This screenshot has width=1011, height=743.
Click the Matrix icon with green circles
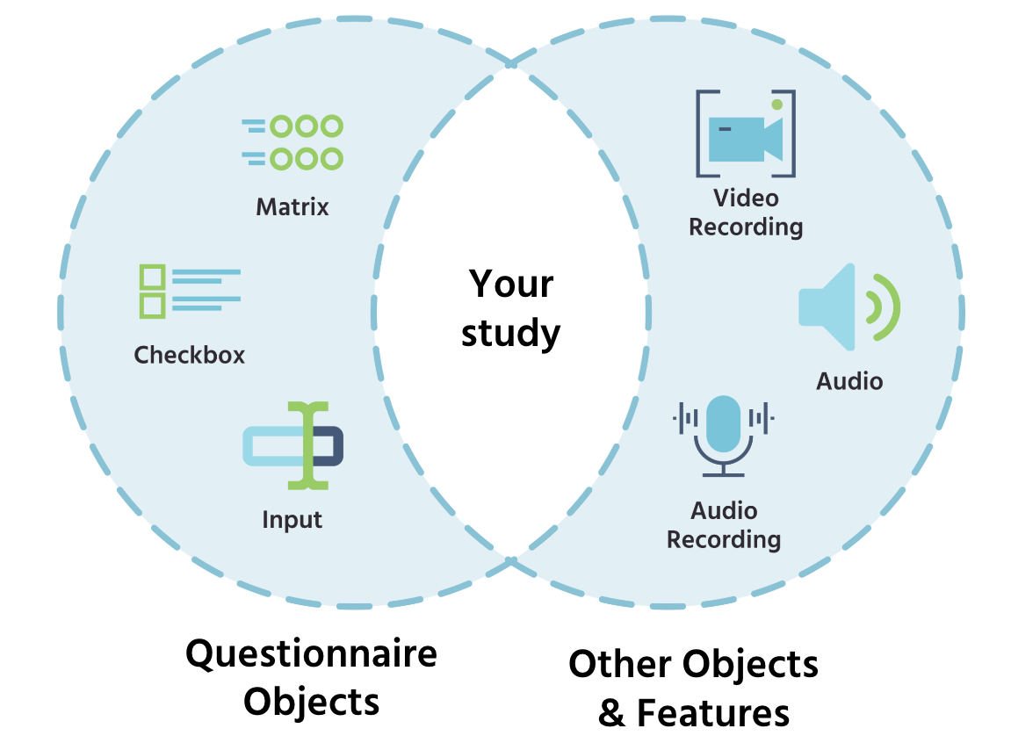pos(292,142)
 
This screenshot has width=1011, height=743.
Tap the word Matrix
pos(292,207)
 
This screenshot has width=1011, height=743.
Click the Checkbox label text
pos(189,355)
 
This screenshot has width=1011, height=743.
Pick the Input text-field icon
pos(292,445)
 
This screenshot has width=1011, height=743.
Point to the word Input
pos(292,520)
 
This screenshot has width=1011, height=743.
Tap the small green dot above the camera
pos(776,105)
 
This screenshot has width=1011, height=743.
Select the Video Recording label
pos(746,213)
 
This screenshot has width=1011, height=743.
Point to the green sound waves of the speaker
pos(883,306)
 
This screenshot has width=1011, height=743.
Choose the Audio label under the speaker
pos(849,381)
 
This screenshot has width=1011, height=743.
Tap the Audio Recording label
pos(724,524)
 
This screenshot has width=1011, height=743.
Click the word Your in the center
pos(511,285)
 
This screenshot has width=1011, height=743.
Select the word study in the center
pos(511,333)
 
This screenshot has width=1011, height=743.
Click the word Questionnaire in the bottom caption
pos(311,654)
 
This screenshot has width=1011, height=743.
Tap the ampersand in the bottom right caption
pos(612,712)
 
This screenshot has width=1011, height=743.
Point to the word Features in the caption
pos(712,712)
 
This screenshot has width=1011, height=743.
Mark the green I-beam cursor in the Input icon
pos(307,445)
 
